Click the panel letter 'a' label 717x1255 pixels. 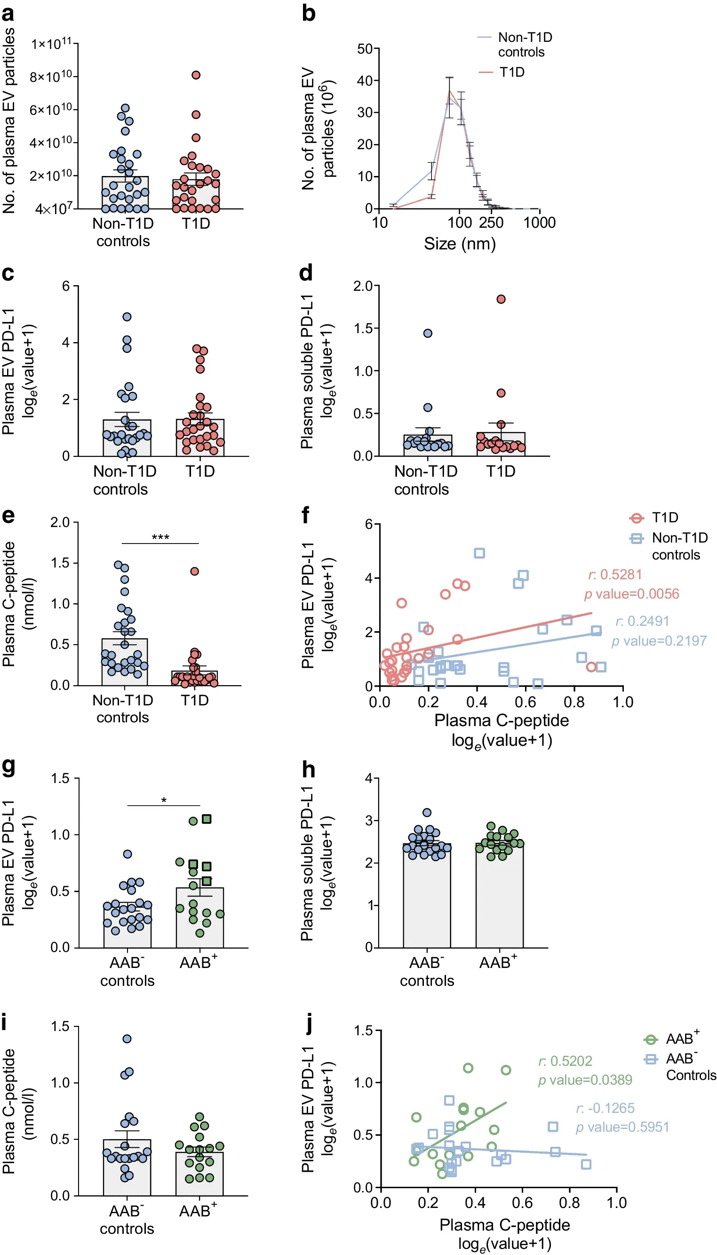pyautogui.click(x=8, y=14)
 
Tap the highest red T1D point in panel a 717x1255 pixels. pyautogui.click(x=196, y=75)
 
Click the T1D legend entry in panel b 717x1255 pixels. pyautogui.click(x=512, y=72)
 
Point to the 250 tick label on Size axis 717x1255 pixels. pyautogui.click(x=491, y=223)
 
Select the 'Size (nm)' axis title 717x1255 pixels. pyautogui.click(x=460, y=244)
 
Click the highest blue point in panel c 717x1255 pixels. pyautogui.click(x=127, y=317)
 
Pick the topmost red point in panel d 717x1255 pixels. pyautogui.click(x=501, y=299)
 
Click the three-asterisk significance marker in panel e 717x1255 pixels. pyautogui.click(x=160, y=537)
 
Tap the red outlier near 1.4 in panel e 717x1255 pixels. pyautogui.click(x=194, y=571)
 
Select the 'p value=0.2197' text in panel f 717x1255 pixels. pyautogui.click(x=659, y=641)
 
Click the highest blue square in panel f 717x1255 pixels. pyautogui.click(x=479, y=553)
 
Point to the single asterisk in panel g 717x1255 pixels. pyautogui.click(x=164, y=800)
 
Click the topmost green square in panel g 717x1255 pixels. pyautogui.click(x=207, y=819)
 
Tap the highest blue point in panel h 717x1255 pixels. pyautogui.click(x=427, y=812)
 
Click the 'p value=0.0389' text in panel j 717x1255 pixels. pyautogui.click(x=585, y=1080)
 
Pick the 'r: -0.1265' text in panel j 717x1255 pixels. pyautogui.click(x=605, y=1108)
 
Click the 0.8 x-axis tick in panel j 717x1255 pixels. pyautogui.click(x=569, y=1203)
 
